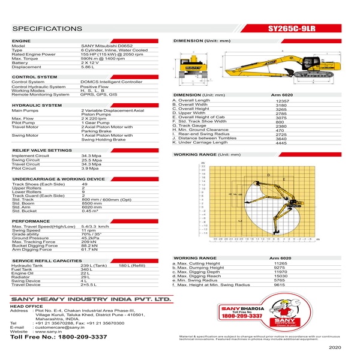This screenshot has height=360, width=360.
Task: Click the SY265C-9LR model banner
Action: [x=296, y=28]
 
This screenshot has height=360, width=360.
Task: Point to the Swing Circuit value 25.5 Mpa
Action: [x=91, y=160]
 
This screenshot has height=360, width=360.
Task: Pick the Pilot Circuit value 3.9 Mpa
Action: [x=90, y=169]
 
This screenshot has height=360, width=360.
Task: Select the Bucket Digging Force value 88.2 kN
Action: [x=89, y=245]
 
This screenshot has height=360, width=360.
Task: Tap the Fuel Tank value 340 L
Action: [x=88, y=269]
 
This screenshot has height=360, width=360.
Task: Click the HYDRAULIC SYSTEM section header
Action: [x=37, y=105]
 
